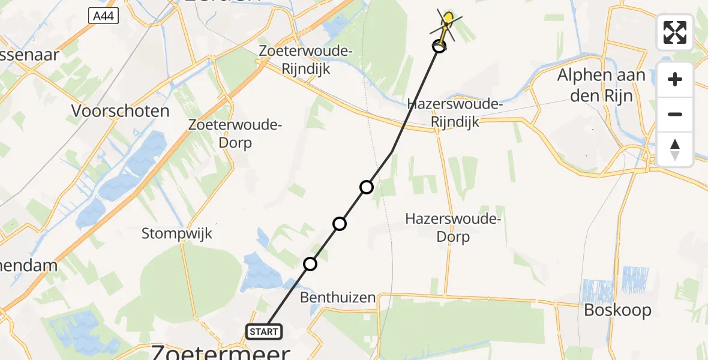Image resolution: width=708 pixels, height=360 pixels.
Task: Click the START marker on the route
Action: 263,331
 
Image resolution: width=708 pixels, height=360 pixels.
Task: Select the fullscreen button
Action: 675,32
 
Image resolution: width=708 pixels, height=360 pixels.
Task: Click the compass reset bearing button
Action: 675,149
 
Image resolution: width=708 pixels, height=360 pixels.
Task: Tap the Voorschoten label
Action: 121,111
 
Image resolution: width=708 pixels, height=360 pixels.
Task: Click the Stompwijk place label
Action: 177,233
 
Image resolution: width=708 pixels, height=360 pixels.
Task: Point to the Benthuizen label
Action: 338,297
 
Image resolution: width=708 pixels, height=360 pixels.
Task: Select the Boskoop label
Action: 617,310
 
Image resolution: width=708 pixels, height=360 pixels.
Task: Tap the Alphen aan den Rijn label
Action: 601,85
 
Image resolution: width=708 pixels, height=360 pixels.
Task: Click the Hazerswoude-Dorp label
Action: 453,227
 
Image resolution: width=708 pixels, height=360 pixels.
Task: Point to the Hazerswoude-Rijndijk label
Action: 455,113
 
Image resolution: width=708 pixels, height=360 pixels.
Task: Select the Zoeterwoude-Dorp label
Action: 235,134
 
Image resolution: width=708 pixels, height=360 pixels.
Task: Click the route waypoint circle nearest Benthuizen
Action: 310,264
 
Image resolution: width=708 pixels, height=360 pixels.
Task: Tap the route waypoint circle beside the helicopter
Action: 439,46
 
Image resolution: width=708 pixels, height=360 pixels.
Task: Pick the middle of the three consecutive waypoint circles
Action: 340,224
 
